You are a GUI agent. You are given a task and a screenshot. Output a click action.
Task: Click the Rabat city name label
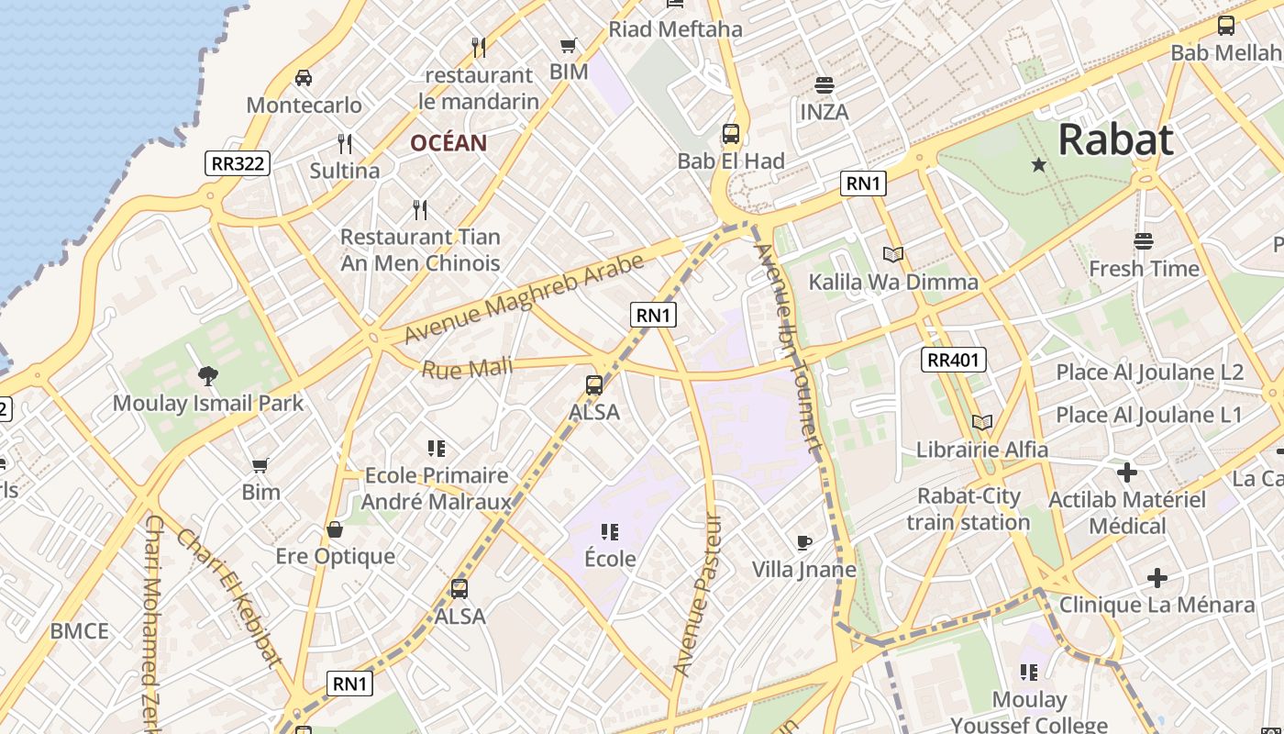coord(1115,140)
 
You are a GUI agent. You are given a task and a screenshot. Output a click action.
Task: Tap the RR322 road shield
coord(238,164)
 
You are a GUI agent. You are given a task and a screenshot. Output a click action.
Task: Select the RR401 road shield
coord(954,360)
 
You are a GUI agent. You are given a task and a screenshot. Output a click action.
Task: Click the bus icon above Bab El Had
coord(731,134)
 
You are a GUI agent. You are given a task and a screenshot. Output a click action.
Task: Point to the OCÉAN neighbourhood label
coord(448,143)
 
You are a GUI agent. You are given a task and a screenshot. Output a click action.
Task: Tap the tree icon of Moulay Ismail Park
coord(207,374)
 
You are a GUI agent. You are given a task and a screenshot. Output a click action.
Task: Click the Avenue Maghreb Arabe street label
coord(524,299)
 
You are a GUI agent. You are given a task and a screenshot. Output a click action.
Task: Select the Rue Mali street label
coord(467,369)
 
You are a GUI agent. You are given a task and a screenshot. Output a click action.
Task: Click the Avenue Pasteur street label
coord(698,595)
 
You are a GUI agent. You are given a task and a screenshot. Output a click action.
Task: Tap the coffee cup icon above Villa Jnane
coord(804,542)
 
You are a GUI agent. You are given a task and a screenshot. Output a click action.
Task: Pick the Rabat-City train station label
coord(969,509)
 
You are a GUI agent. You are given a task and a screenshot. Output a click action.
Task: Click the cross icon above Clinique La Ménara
coord(1157,578)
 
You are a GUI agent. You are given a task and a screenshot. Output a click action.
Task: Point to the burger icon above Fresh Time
coord(1143,241)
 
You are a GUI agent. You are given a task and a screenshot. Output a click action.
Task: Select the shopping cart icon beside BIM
coord(569,45)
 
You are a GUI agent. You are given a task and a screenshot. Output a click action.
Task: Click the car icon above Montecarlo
coord(304,78)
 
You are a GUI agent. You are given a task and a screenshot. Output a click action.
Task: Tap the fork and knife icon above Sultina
coord(345,144)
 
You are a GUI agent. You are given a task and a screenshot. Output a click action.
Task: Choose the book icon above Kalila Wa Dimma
coord(893,254)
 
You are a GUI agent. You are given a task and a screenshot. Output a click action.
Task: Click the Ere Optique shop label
coord(336,556)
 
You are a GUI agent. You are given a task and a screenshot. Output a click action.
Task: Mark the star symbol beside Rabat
coord(1038,165)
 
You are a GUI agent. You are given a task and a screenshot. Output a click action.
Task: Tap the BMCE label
coord(80,631)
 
